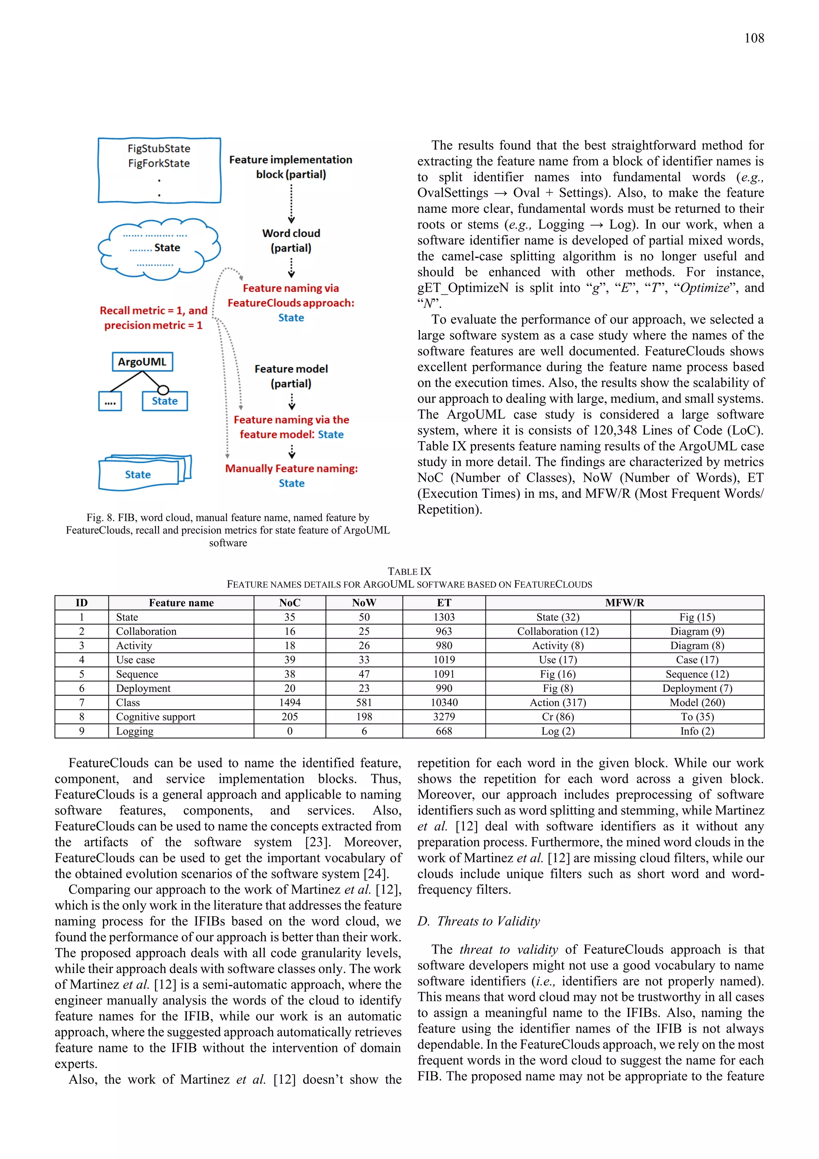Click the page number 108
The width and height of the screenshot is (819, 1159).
[753, 38]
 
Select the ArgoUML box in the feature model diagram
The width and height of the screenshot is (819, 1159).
[142, 362]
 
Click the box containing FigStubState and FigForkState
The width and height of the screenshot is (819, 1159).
[160, 170]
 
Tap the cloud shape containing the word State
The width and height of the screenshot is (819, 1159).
[159, 248]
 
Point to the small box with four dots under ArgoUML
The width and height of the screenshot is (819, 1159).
[110, 402]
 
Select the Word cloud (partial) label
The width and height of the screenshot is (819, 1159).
[291, 240]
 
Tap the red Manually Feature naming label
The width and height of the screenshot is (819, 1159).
[291, 468]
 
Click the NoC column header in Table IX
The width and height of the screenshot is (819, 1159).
[290, 603]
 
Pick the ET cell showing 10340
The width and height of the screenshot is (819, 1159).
[443, 703]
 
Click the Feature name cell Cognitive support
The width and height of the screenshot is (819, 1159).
[156, 717]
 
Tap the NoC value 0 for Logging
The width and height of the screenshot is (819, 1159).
[290, 731]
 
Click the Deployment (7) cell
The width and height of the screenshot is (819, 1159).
[697, 689]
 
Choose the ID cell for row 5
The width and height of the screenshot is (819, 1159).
[81, 675]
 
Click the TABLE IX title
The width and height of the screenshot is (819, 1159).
[409, 571]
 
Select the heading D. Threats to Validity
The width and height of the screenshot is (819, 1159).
[478, 921]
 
